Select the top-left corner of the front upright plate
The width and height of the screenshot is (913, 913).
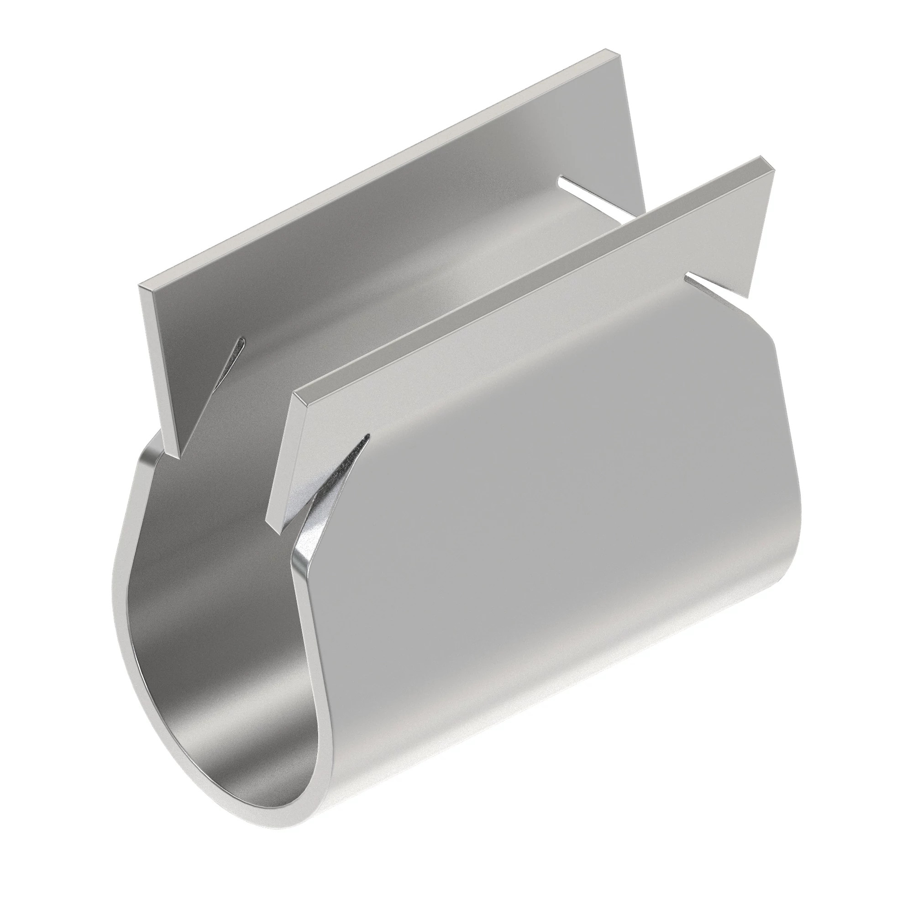pyautogui.click(x=294, y=391)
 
